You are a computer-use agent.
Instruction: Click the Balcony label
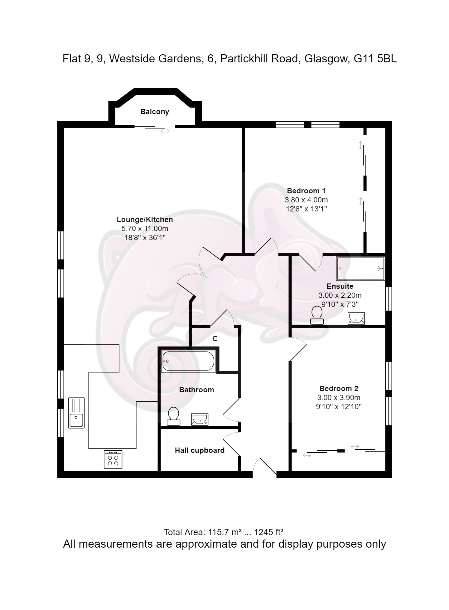(155, 112)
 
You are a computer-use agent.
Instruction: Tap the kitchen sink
(76, 413)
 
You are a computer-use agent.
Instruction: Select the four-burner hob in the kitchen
(113, 459)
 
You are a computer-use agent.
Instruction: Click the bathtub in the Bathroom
(188, 361)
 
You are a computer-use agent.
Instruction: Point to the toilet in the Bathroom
(173, 416)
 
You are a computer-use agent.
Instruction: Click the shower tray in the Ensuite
(360, 269)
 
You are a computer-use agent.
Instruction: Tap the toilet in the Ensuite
(317, 315)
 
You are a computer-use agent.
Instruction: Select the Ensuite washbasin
(356, 318)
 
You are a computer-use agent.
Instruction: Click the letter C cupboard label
(215, 339)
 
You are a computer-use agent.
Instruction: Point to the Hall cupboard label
(200, 450)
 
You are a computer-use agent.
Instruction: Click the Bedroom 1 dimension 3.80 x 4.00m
(306, 200)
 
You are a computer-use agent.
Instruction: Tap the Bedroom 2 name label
(339, 389)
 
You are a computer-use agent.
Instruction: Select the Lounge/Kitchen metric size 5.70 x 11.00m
(145, 229)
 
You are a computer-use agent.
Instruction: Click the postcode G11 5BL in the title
(375, 59)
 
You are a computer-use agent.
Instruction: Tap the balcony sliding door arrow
(165, 131)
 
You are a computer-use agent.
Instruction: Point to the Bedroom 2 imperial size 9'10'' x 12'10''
(339, 407)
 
